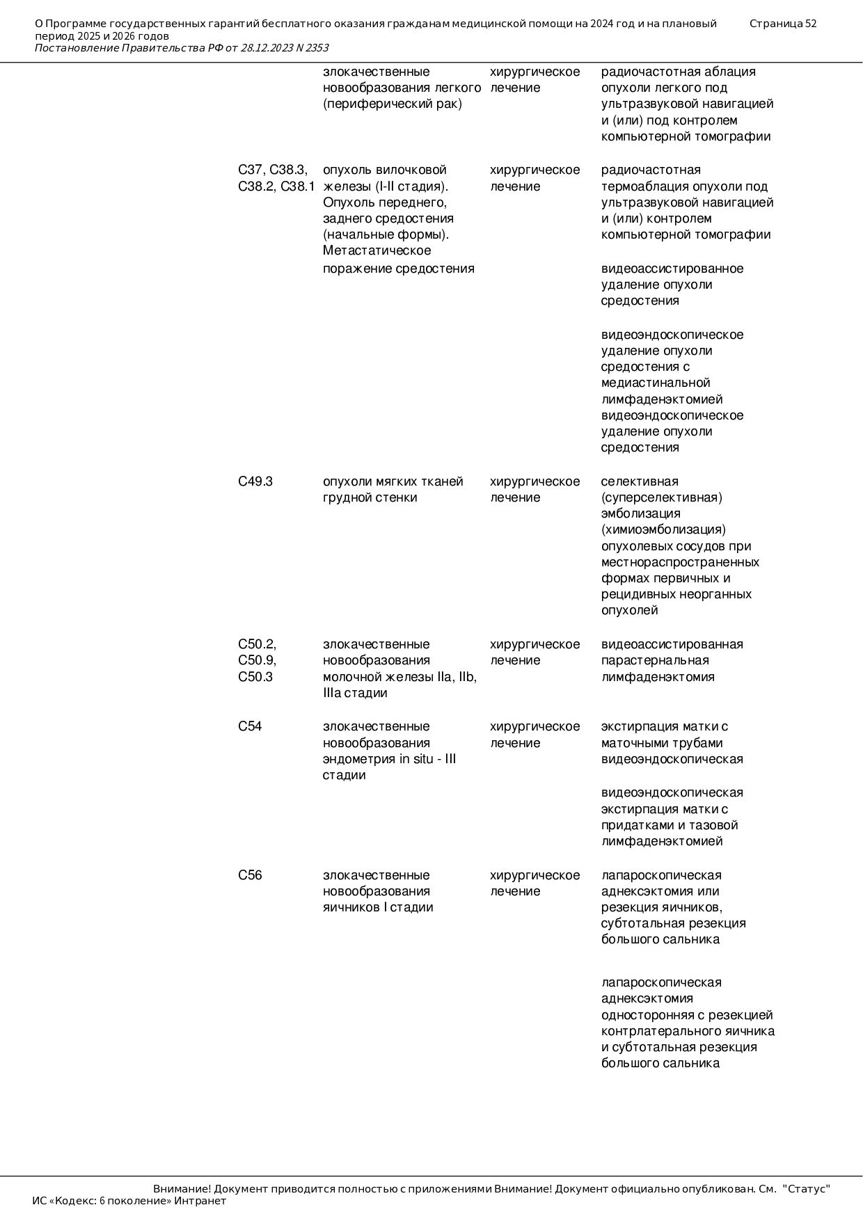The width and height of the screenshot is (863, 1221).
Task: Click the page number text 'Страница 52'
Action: (x=782, y=24)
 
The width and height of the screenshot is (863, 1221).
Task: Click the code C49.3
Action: (x=255, y=481)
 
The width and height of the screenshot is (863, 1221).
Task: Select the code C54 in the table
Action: (x=250, y=726)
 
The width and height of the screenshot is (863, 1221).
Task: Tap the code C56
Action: (x=250, y=875)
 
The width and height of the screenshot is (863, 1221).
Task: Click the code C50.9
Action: (x=256, y=660)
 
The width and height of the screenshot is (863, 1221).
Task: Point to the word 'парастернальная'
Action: (x=655, y=660)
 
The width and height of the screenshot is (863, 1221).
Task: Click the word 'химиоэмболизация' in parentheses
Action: (x=663, y=529)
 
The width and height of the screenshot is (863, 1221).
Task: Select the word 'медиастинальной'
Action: (x=656, y=383)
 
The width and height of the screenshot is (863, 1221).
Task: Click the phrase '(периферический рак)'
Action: (x=392, y=104)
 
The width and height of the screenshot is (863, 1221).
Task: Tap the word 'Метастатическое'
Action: (x=377, y=250)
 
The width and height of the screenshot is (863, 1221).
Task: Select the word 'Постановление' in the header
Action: (x=77, y=48)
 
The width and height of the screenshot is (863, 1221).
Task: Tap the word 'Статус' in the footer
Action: (x=807, y=1189)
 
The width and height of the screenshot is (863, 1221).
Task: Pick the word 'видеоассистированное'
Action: (x=672, y=269)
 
